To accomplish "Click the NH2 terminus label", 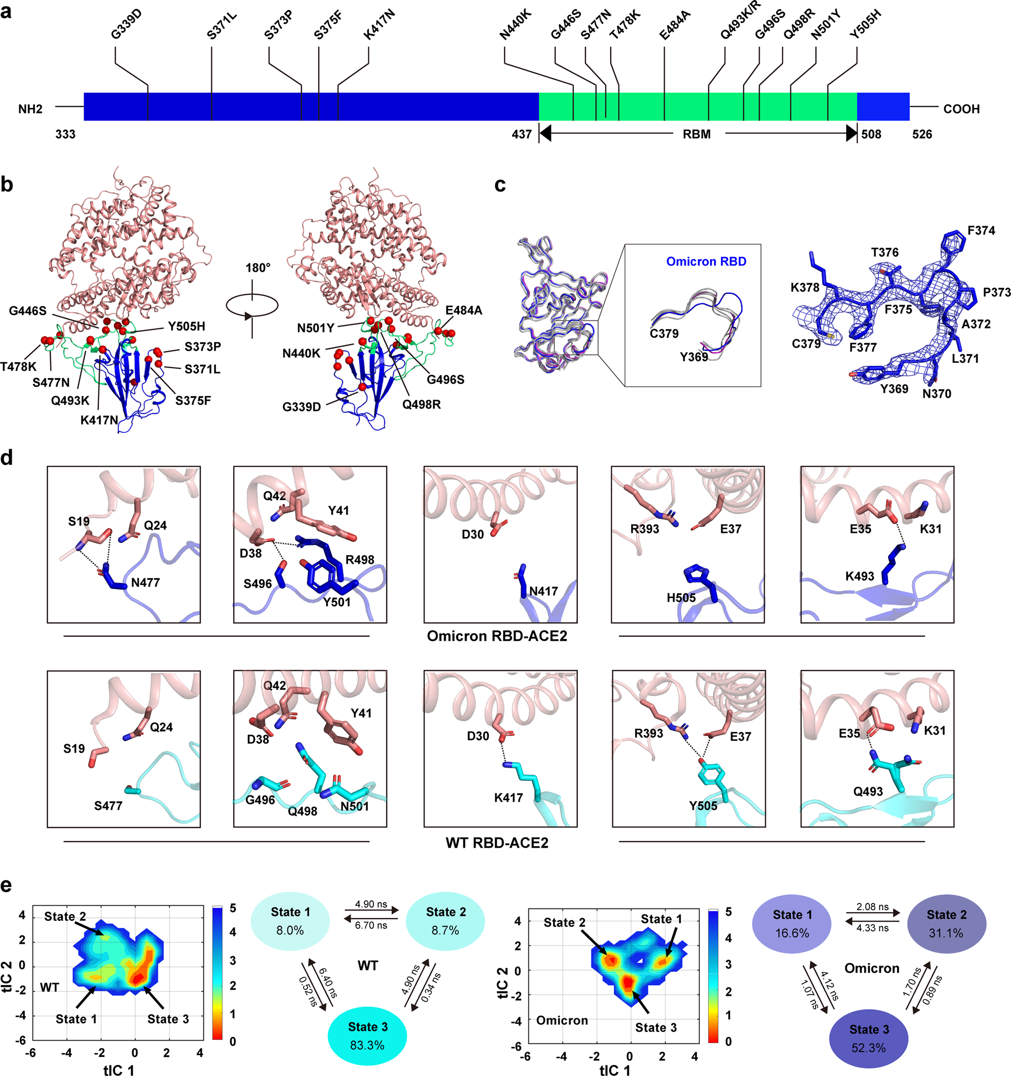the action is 30,109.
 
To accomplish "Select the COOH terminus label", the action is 961,109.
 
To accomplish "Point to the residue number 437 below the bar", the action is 522,134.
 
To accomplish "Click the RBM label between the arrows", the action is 697,134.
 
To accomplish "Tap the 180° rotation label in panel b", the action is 258,268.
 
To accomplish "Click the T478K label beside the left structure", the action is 18,366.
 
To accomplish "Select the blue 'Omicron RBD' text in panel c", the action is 706,262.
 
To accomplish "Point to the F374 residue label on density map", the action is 981,231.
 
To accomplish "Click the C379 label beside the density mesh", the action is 806,344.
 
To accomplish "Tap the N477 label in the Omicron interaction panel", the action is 145,583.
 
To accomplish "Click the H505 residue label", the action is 681,598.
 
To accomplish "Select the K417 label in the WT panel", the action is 508,797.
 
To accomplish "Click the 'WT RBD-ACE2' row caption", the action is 497,843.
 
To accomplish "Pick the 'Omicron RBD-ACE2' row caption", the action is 497,636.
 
